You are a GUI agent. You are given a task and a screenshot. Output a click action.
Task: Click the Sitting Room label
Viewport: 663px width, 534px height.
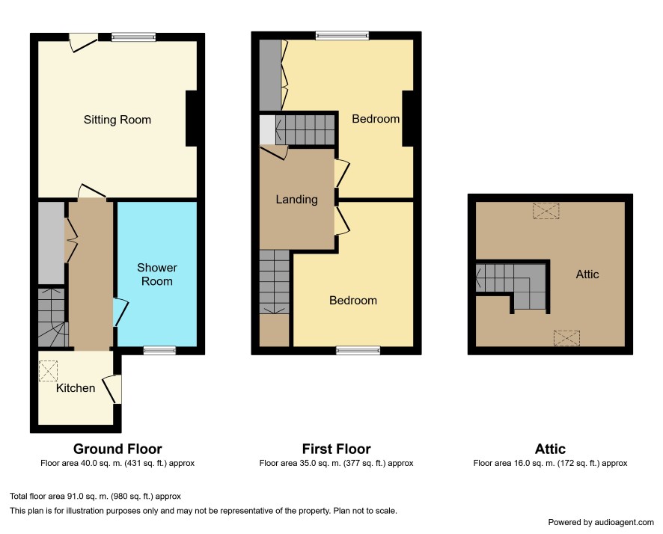[x=117, y=120]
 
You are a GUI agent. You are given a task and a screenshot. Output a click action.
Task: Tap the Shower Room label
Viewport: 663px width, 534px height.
[x=157, y=274]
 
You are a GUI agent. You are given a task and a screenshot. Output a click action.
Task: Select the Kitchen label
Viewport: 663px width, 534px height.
[x=76, y=388]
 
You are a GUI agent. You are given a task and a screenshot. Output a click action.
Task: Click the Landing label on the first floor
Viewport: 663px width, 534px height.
[x=297, y=200]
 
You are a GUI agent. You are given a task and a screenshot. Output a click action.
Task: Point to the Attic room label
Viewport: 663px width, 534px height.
[x=587, y=274]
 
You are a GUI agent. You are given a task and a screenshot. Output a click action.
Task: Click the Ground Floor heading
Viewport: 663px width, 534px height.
[x=117, y=449]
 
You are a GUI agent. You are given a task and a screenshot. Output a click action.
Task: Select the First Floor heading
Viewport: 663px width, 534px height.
[x=337, y=449]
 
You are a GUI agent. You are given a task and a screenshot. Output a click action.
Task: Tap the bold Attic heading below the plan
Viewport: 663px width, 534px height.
[x=550, y=449]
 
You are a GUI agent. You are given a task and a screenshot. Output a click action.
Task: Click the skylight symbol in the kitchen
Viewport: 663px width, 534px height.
[x=48, y=371]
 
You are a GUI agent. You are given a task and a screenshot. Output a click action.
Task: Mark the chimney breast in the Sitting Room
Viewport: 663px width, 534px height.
[x=192, y=119]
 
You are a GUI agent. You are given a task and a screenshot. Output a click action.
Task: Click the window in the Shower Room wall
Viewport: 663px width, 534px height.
[x=159, y=350]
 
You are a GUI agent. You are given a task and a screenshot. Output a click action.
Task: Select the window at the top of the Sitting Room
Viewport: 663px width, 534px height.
[x=134, y=37]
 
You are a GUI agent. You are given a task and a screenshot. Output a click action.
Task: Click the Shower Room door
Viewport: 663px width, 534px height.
[x=120, y=312]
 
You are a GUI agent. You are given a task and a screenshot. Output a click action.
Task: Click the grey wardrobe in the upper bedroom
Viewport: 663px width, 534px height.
[x=270, y=76]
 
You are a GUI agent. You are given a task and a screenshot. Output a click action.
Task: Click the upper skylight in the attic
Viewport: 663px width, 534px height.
[x=546, y=211]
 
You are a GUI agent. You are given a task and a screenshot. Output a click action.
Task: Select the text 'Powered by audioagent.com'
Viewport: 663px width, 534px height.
[x=601, y=522]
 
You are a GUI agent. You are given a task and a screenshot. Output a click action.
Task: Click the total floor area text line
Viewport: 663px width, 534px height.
[x=96, y=497]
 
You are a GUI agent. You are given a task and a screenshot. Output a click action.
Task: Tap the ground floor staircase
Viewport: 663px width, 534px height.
[x=53, y=318]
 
